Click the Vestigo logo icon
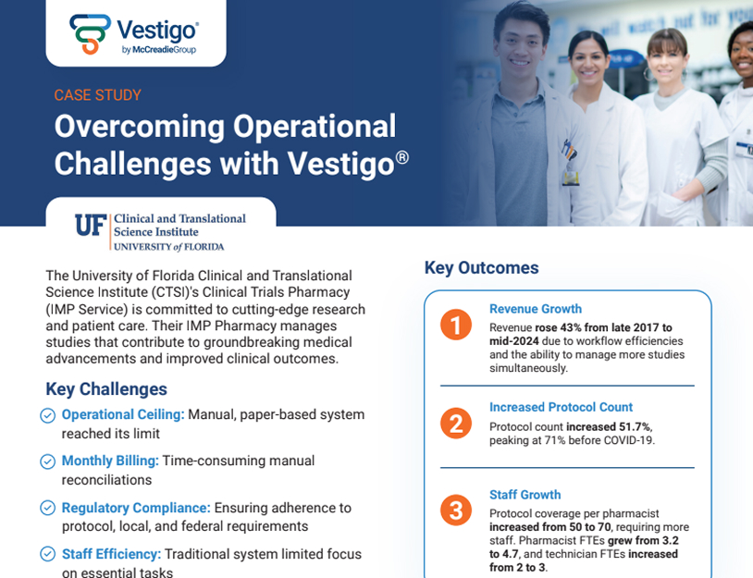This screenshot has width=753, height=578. point(91,33)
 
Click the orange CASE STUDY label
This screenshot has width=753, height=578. point(97,95)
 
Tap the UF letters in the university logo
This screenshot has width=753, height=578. point(91,225)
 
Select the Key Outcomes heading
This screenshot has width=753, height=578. point(482,268)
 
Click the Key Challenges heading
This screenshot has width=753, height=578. point(106,388)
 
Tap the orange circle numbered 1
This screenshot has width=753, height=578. point(456,325)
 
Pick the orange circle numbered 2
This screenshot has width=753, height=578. point(456,423)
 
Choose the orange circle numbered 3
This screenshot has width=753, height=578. point(456,510)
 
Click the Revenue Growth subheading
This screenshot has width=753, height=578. point(536,309)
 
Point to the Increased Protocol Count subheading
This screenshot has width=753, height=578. point(561,407)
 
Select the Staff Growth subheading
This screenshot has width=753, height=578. point(525,495)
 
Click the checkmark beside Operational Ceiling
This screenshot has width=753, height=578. point(47,415)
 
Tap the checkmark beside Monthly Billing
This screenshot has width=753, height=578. point(47,461)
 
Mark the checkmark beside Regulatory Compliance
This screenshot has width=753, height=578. point(47,508)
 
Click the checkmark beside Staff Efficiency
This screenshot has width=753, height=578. point(47,554)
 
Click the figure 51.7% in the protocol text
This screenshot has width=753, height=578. point(634,426)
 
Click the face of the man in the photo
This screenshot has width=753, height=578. point(521,43)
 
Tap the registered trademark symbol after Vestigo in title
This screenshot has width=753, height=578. point(402,156)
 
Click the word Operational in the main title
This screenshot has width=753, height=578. point(315,127)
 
